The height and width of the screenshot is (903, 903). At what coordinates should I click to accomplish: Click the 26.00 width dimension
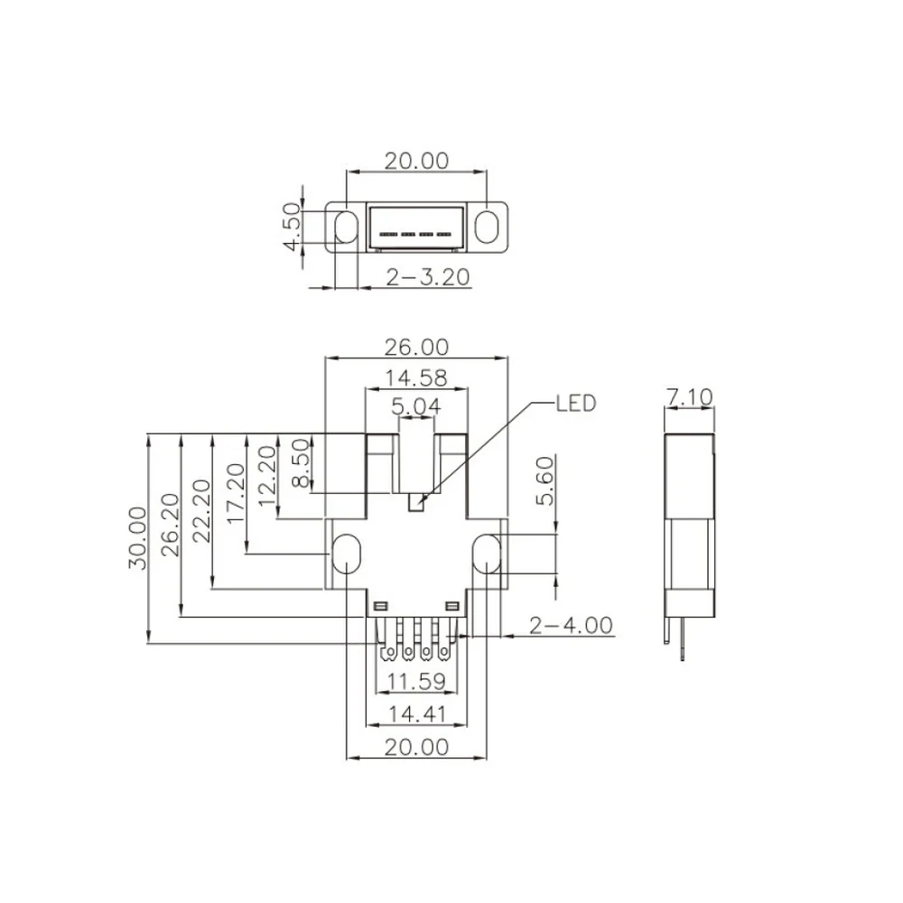click(416, 348)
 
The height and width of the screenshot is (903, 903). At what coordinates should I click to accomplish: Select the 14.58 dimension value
click(416, 378)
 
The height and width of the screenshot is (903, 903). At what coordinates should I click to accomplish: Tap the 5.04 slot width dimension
click(416, 406)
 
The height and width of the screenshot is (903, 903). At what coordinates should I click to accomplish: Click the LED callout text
click(575, 403)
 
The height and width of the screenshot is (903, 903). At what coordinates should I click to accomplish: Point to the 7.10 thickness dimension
click(689, 396)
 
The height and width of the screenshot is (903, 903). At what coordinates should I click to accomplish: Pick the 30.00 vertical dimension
click(137, 538)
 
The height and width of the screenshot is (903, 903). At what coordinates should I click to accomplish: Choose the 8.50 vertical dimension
click(301, 463)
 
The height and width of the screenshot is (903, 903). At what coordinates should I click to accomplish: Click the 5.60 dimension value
click(545, 480)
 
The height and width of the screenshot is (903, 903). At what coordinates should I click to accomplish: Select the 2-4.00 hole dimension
click(571, 626)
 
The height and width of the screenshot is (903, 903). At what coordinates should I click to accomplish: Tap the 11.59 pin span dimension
click(416, 681)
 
